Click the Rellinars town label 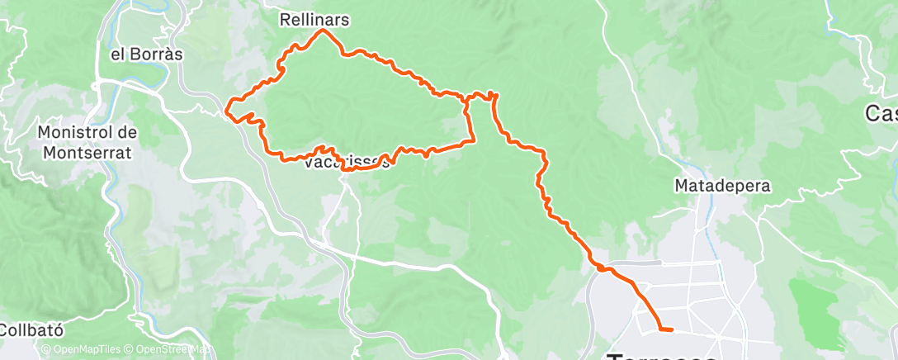pyautogui.click(x=314, y=18)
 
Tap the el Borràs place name pyautogui.click(x=146, y=54)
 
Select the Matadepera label pyautogui.click(x=722, y=186)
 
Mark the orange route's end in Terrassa pyautogui.click(x=671, y=329)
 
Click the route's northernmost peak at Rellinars pyautogui.click(x=323, y=31)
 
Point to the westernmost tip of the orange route pyautogui.click(x=229, y=105)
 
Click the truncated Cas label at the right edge pyautogui.click(x=881, y=113)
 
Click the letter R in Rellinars pyautogui.click(x=286, y=18)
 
